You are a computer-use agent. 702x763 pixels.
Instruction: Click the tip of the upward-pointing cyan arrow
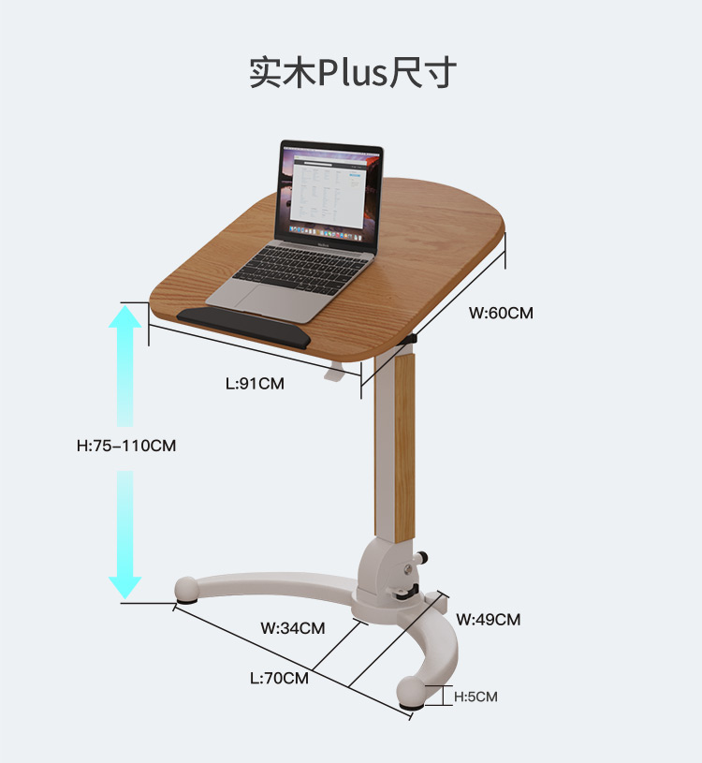pos(125,305)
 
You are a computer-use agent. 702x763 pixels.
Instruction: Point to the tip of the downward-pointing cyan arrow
pos(125,599)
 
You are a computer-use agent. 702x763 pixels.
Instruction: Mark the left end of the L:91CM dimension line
pos(149,325)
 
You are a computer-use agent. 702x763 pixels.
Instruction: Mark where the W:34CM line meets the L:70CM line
pos(313,670)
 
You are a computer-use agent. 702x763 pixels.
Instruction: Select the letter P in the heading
pos(328,73)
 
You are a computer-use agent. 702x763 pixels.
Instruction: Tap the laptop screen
pos(329,192)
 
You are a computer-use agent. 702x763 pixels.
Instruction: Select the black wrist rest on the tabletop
pos(243,326)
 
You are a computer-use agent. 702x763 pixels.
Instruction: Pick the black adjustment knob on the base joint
pos(421,556)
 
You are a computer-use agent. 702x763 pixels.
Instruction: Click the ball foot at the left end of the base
pos(186,589)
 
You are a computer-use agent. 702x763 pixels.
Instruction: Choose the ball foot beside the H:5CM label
pos(411,692)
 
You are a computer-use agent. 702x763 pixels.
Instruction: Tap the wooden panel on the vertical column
pos(404,448)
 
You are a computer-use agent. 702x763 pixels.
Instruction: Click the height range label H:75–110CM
pos(126,446)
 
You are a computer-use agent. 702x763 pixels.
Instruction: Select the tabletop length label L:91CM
pos(255,384)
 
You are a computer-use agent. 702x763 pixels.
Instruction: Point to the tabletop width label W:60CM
pos(501,313)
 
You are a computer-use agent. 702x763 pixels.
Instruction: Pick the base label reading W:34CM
pos(292,628)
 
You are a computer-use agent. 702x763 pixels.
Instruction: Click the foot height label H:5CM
pos(475,697)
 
